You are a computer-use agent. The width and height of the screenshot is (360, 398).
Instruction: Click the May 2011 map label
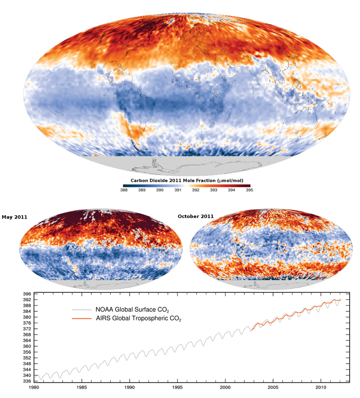coord(14,217)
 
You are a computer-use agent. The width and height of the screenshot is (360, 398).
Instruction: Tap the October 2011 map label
coord(196,216)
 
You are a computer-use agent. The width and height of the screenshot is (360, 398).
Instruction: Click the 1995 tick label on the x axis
coord(178,387)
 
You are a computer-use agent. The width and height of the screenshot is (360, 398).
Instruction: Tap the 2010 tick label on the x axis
coord(321,387)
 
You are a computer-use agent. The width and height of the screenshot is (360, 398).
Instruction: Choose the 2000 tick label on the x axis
coord(225,387)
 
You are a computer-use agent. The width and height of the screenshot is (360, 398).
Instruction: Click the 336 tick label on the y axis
coord(27,381)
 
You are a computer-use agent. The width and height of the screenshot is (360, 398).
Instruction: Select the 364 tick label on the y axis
coord(27,340)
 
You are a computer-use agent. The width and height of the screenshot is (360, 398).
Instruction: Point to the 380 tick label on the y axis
coord(27,318)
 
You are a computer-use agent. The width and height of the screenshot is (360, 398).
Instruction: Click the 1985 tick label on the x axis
coord(81,387)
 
